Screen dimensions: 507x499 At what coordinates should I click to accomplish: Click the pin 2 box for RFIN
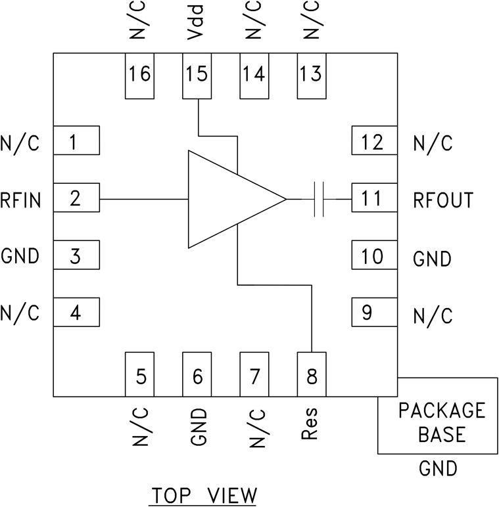click(x=76, y=198)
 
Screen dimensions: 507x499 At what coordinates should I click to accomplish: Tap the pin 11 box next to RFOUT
click(x=374, y=198)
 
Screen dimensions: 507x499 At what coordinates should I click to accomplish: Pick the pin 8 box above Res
click(x=312, y=374)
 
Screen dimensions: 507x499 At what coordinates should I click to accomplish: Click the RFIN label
click(x=21, y=199)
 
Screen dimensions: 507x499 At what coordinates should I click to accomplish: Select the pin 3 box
click(x=76, y=255)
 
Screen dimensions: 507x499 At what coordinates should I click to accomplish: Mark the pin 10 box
click(x=374, y=255)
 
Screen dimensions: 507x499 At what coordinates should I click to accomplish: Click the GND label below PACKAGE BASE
click(x=438, y=469)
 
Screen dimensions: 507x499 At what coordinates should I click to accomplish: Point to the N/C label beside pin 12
click(x=433, y=143)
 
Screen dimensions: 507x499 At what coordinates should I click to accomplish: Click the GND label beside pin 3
click(x=20, y=256)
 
